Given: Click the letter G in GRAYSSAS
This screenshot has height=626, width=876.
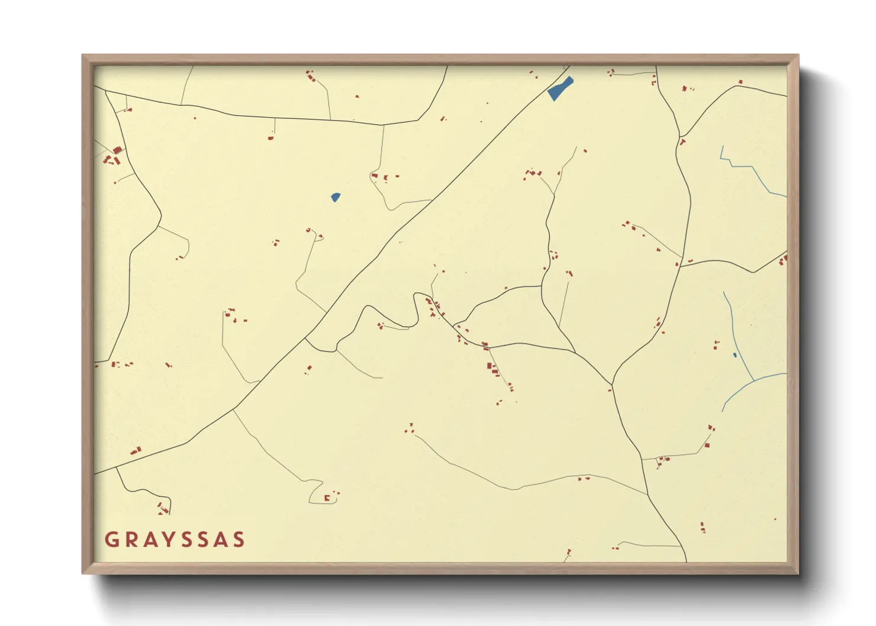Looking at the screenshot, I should pos(111,540).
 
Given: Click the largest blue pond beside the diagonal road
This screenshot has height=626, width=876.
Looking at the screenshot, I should pos(560,89).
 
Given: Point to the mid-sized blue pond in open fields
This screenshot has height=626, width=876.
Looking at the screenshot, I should pos(336,197).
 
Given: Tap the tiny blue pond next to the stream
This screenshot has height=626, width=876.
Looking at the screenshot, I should pos(735,355).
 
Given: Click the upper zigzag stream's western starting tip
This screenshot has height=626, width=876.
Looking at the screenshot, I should pos(722,146).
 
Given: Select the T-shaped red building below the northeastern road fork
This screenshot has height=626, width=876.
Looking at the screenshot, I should pos(682,142).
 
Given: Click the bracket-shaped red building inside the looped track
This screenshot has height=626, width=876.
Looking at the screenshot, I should pos(327,498).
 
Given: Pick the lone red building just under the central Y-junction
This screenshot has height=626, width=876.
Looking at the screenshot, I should pos(610,390).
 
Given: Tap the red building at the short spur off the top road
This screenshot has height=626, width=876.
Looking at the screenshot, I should pos(271,138).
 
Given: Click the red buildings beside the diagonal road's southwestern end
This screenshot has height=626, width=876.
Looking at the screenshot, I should pos(136,451).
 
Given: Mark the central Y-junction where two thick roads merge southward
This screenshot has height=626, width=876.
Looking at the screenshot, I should pos(613,385).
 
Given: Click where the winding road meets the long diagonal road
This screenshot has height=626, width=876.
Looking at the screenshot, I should pos(305,339).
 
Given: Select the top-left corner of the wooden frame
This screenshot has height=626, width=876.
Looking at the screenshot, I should pos(83,56).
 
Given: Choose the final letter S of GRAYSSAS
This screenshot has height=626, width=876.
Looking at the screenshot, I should pos(239,540).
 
